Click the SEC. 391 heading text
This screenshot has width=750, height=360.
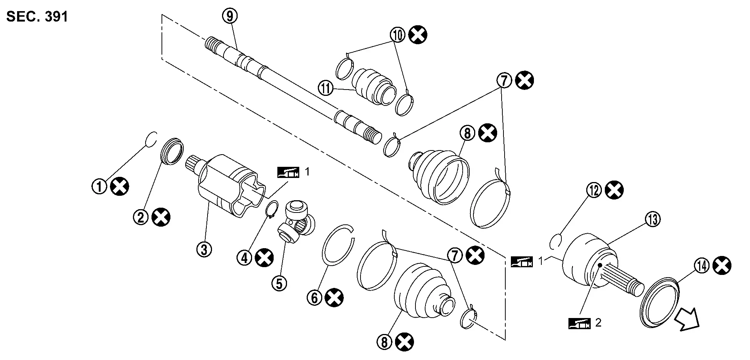[37, 17]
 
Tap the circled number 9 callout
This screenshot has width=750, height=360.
[230, 16]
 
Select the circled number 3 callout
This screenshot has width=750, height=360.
[204, 249]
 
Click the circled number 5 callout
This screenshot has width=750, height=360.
[279, 283]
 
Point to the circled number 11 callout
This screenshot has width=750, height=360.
[326, 89]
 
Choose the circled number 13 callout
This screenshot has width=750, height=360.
[653, 220]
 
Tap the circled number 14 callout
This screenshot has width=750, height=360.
[701, 266]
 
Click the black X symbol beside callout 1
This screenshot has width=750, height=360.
[120, 187]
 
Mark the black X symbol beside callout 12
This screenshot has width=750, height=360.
[614, 191]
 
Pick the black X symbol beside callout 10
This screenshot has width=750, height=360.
[418, 35]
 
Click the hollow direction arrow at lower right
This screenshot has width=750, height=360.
[687, 319]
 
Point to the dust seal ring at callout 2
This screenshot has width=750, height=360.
[172, 150]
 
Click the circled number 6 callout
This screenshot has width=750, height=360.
[314, 298]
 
